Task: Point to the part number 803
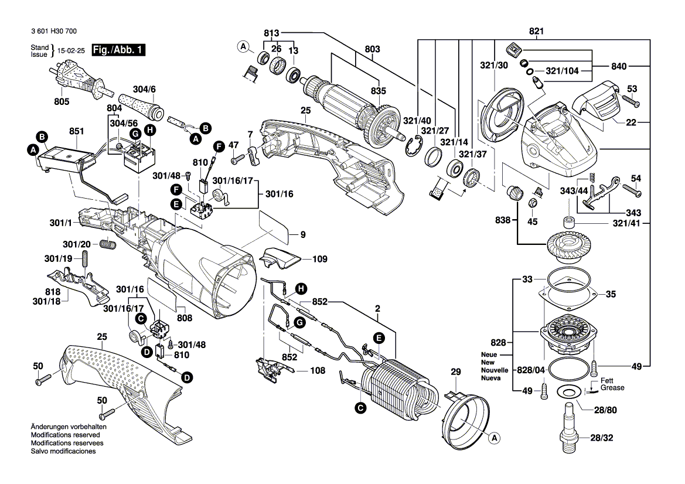[x=373, y=49]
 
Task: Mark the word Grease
[x=612, y=388]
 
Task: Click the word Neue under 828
[x=489, y=355]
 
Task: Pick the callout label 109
[x=321, y=259]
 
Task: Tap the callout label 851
[x=77, y=132]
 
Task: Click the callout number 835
[x=379, y=91]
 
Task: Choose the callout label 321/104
[x=561, y=71]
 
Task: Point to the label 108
[x=317, y=370]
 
